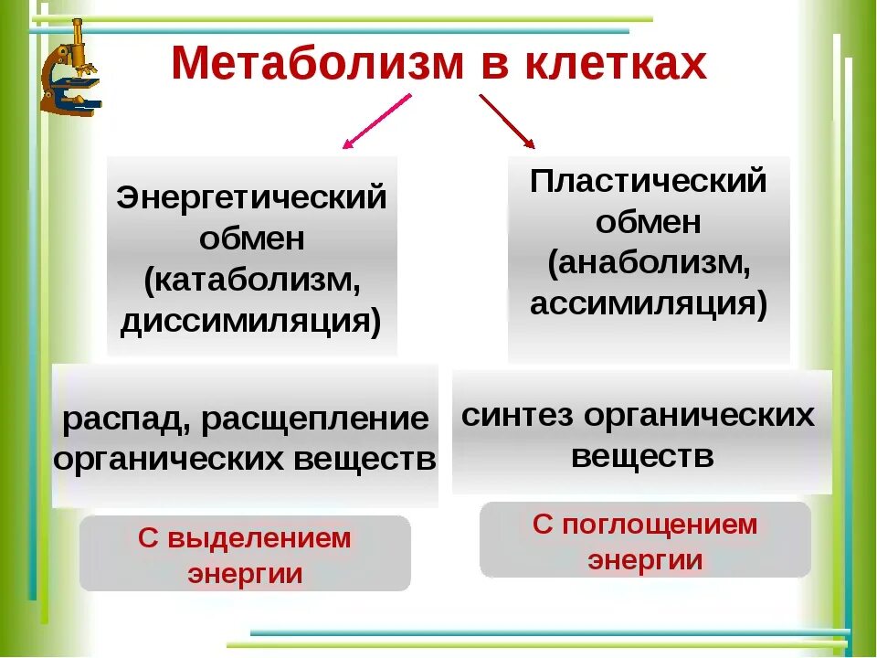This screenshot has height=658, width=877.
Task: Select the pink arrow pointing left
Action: [375, 121]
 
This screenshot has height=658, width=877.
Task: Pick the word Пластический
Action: [649, 180]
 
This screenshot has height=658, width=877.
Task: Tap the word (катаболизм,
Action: [252, 281]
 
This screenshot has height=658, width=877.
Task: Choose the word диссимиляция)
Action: [251, 322]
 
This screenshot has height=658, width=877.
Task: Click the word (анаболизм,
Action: [649, 263]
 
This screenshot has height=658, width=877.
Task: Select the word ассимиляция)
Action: [649, 303]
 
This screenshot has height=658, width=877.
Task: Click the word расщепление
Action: [314, 420]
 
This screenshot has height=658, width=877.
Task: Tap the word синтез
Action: [516, 415]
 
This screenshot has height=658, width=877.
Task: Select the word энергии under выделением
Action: [245, 574]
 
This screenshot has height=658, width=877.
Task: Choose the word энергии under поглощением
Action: [645, 560]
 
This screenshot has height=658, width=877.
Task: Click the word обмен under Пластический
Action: [649, 221]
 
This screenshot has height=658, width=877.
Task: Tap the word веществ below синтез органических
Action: [642, 455]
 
